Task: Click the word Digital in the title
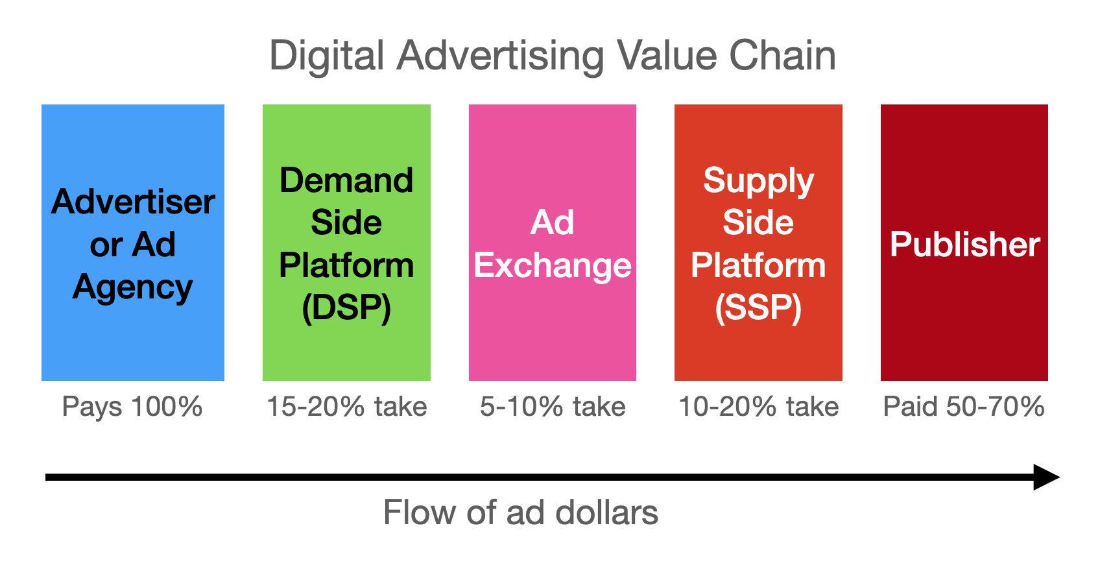click(327, 57)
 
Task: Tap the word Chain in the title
click(782, 56)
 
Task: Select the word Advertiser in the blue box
click(132, 202)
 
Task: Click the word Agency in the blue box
click(132, 288)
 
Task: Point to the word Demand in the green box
click(346, 180)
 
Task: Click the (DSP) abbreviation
click(346, 308)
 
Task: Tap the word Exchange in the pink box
click(553, 265)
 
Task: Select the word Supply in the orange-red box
click(758, 182)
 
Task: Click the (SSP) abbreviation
click(758, 308)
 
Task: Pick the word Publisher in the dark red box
click(964, 244)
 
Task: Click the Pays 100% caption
click(132, 407)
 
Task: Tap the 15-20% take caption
click(347, 407)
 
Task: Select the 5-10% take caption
click(553, 407)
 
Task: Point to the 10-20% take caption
click(758, 407)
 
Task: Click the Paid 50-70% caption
click(964, 407)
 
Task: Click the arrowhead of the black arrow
click(1046, 477)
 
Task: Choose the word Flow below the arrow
click(420, 513)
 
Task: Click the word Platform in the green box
click(346, 265)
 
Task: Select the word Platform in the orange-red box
click(758, 265)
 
